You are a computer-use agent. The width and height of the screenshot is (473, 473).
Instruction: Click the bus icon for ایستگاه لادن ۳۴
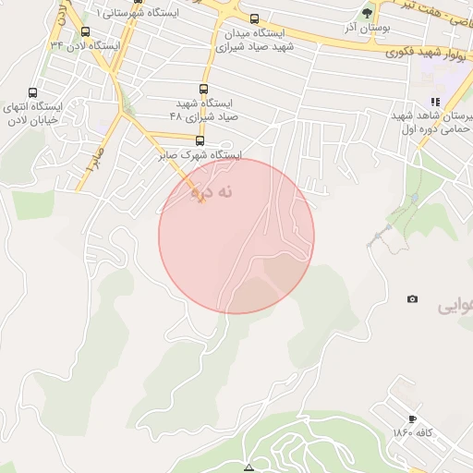pyautogui.click(x=85, y=31)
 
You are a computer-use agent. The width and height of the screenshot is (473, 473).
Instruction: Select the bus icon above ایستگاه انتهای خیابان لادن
pyautogui.click(x=33, y=93)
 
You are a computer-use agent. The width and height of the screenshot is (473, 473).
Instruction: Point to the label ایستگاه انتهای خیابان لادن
pyautogui.click(x=32, y=113)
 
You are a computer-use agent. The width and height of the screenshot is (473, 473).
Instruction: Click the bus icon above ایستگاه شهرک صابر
pyautogui.click(x=200, y=141)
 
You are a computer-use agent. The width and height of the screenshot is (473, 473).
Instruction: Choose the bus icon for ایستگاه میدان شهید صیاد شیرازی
pyautogui.click(x=254, y=18)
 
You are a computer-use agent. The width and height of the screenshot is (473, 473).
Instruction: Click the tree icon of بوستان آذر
pyautogui.click(x=367, y=13)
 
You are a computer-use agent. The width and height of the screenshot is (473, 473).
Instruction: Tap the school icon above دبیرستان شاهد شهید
pyautogui.click(x=433, y=102)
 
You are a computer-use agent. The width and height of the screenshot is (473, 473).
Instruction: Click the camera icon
pyautogui.click(x=412, y=298)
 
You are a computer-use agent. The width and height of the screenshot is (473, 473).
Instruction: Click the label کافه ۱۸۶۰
pyautogui.click(x=412, y=433)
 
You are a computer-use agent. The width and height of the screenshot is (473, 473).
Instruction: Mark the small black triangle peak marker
pyautogui.click(x=248, y=468)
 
